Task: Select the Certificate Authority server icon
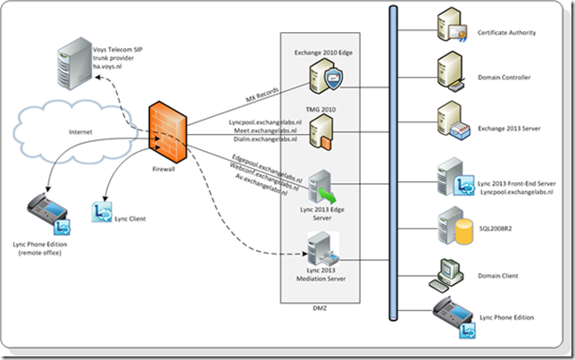453,32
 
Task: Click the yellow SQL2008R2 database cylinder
463,230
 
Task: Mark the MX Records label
263,95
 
